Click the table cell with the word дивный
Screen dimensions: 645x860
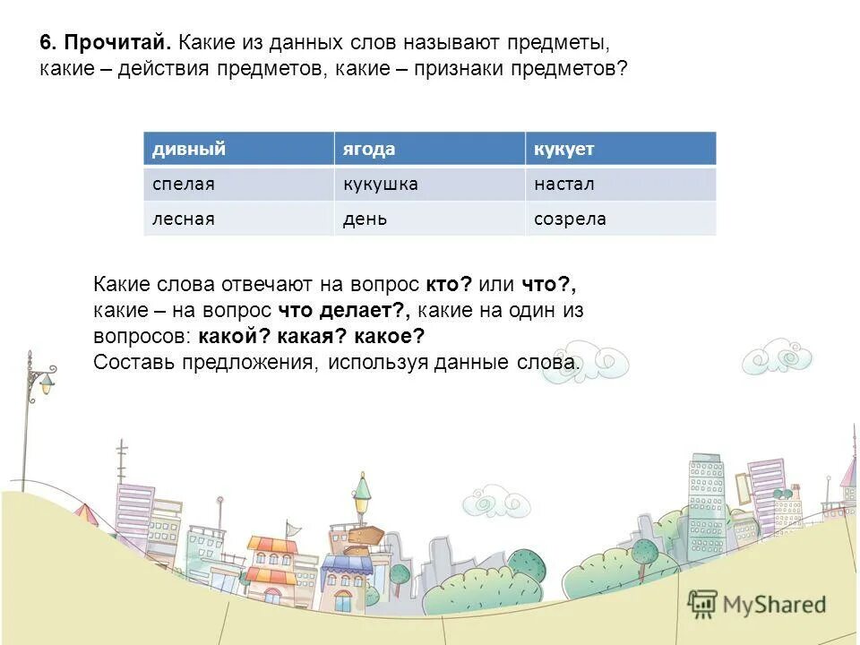[x=238, y=149]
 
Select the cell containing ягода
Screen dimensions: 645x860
[x=430, y=149]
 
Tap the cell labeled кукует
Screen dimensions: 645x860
[x=620, y=149]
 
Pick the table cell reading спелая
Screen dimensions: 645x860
[x=238, y=184]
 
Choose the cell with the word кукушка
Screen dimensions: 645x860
[x=430, y=184]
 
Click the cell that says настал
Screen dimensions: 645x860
[x=620, y=184]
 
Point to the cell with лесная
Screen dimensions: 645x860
[x=238, y=219]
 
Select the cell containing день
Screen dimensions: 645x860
[x=430, y=219]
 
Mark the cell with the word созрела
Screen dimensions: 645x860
[x=620, y=219]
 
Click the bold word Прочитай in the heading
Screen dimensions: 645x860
[x=116, y=43]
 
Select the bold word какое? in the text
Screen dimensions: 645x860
[x=388, y=337]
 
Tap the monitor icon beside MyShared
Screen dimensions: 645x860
[x=703, y=605]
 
